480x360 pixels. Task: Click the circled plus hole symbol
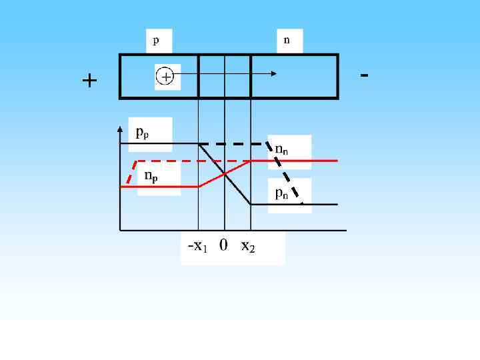pos(165,77)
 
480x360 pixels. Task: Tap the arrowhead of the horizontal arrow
pos(274,74)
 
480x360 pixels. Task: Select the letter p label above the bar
pos(156,41)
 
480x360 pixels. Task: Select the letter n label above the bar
pos(287,40)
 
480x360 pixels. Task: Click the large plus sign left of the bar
pos(89,81)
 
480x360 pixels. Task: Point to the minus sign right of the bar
pos(364,74)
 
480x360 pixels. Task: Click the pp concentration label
pos(143,132)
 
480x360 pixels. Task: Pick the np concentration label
pos(151,177)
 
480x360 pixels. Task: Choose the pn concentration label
pos(282,193)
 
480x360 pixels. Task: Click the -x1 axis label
pos(197,246)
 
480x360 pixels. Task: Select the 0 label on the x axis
pos(223,245)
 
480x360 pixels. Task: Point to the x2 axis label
pos(247,247)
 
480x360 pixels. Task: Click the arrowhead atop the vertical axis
pos(119,126)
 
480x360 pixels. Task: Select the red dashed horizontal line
pos(193,161)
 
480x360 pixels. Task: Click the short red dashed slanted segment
pos(132,172)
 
